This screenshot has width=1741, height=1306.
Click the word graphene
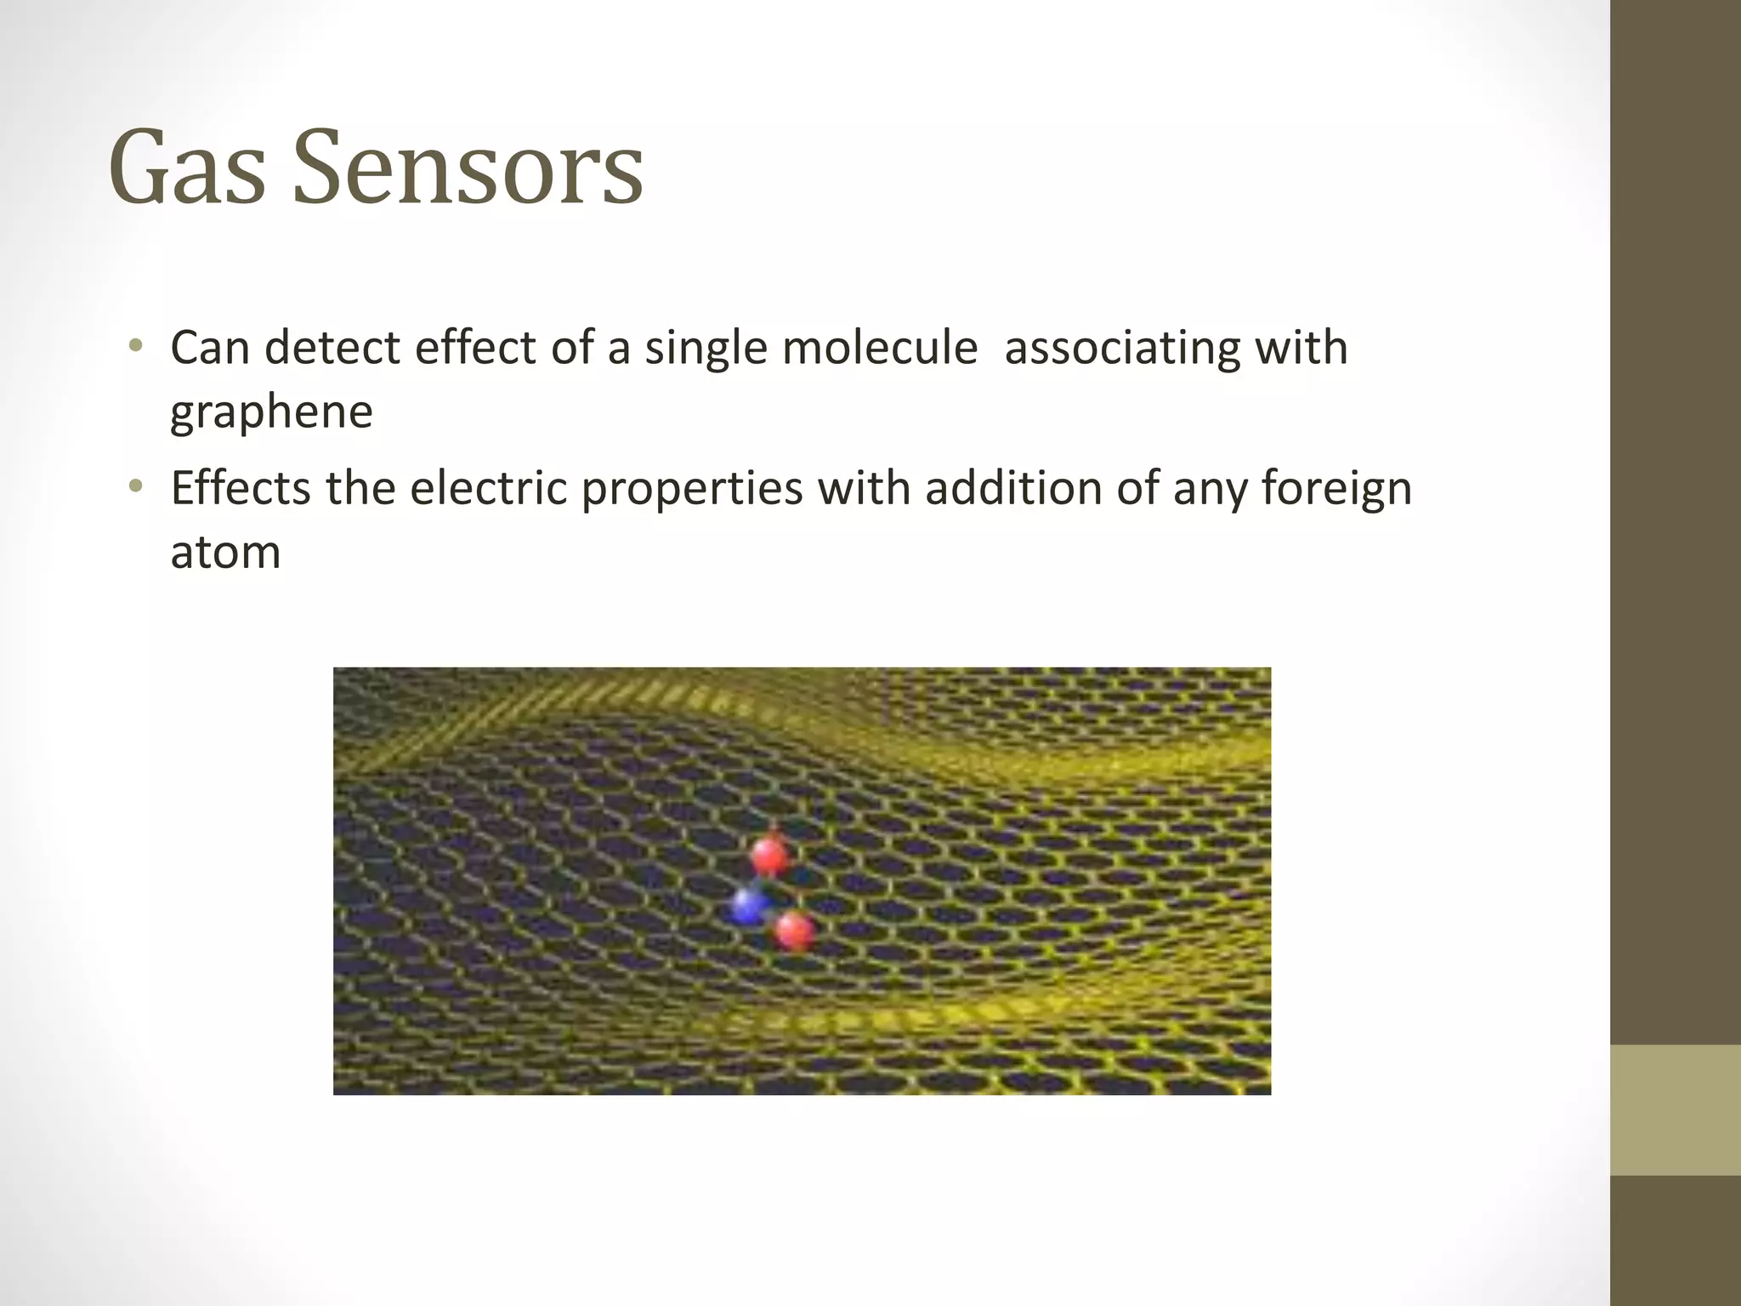[271, 413]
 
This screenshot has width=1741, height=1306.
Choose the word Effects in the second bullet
[241, 489]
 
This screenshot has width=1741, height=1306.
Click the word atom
[225, 553]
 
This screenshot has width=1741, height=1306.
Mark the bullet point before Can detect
[135, 347]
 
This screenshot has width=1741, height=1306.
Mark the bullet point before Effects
[135, 487]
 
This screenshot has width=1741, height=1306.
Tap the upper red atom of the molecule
[771, 855]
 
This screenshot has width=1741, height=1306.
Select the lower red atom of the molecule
[795, 931]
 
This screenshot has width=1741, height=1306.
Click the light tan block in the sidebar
[1675, 1110]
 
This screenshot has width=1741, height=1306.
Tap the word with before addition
[864, 489]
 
